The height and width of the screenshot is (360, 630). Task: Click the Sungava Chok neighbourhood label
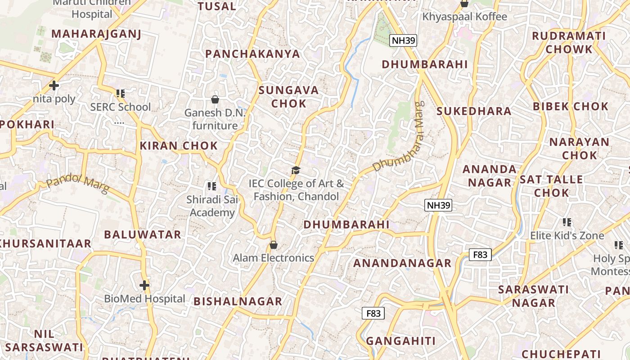(x=288, y=97)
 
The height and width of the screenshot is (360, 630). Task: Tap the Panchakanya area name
(x=252, y=54)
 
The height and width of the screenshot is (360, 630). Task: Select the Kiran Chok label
(x=179, y=146)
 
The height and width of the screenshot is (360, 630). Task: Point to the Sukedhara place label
(x=474, y=111)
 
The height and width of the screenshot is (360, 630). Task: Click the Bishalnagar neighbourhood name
(x=238, y=301)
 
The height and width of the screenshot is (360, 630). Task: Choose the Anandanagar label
(x=402, y=263)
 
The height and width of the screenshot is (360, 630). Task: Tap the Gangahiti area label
(x=400, y=341)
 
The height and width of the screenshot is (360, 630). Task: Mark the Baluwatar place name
(x=143, y=234)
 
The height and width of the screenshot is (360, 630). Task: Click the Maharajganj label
(x=96, y=34)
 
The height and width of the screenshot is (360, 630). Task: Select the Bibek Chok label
(x=571, y=107)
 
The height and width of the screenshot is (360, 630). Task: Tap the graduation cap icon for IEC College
(x=296, y=170)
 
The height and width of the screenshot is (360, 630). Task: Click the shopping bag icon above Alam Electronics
(x=273, y=245)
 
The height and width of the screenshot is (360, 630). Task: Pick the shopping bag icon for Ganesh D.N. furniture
(x=215, y=99)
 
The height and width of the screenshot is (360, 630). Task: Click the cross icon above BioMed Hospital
(x=144, y=285)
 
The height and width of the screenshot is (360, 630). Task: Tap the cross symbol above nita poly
(x=54, y=85)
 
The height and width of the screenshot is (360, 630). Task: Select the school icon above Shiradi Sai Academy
(x=212, y=186)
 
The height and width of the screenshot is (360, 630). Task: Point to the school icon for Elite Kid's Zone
(x=567, y=222)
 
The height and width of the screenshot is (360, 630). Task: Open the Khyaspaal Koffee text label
(x=464, y=17)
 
